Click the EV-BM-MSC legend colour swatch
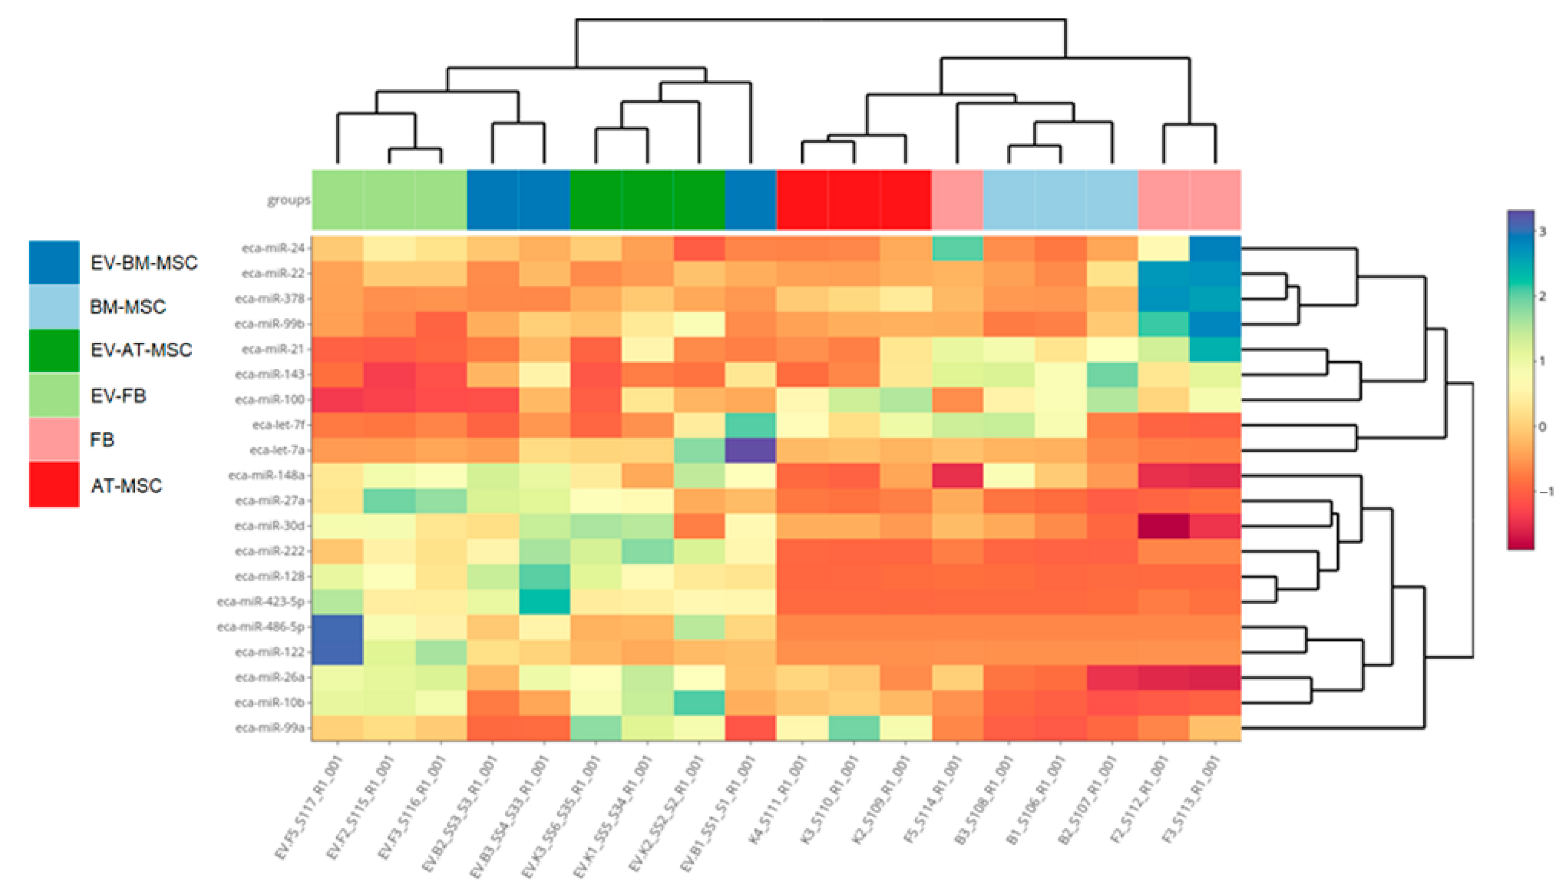pyautogui.click(x=54, y=263)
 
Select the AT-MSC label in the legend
pyautogui.click(x=126, y=486)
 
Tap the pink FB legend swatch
pyautogui.click(x=54, y=439)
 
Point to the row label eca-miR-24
pyautogui.click(x=273, y=248)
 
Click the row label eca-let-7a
pyautogui.click(x=277, y=450)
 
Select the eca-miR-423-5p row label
pyautogui.click(x=261, y=601)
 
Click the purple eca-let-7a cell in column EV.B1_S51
pyautogui.click(x=750, y=450)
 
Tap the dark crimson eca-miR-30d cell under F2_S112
pyautogui.click(x=1164, y=526)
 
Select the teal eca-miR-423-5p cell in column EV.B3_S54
pyautogui.click(x=544, y=601)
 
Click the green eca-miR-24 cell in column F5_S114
pyautogui.click(x=957, y=248)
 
